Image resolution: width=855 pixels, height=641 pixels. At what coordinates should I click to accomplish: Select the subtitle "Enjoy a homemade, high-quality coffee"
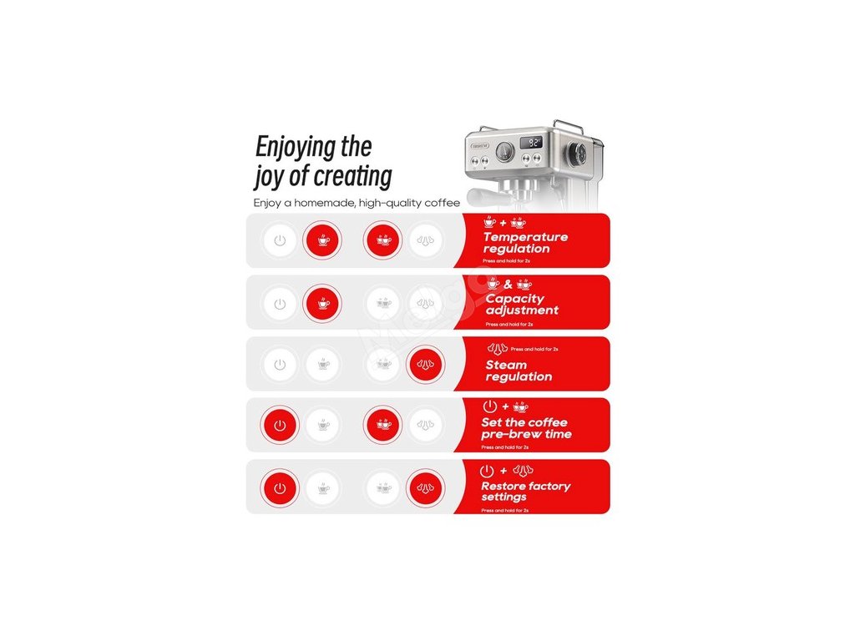coord(357,203)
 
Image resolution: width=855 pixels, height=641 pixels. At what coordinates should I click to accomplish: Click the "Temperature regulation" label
coord(524,242)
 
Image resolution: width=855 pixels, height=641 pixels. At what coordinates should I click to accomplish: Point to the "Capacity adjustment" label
coord(521,304)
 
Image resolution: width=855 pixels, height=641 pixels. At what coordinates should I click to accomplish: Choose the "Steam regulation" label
coord(518,371)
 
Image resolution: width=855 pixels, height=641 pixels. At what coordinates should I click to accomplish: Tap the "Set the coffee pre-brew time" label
coord(526,428)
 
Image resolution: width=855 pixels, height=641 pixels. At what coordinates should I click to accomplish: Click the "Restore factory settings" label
coord(525,491)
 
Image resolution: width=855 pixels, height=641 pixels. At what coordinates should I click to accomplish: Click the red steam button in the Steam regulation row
coord(425,365)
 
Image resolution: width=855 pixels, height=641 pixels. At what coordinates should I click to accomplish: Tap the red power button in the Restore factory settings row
coord(280,487)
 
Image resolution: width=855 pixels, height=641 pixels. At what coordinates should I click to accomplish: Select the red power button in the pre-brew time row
coord(280,425)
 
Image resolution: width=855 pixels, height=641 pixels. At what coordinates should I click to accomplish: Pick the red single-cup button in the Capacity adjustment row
coord(322,303)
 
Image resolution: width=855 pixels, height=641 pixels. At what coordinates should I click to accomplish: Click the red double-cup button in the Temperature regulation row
coord(383,240)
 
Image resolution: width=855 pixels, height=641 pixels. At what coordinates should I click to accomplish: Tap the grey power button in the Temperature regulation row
coord(280,241)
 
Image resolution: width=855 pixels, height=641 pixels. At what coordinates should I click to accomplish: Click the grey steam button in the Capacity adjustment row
coord(425,303)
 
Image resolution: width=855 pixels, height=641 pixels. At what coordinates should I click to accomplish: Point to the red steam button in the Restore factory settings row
coord(425,487)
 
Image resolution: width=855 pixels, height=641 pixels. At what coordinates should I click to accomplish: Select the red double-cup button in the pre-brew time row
coord(383,425)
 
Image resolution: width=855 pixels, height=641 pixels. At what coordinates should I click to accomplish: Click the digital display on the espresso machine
coord(533,143)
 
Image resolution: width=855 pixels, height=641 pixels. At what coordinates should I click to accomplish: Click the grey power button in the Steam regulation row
coord(280,365)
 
